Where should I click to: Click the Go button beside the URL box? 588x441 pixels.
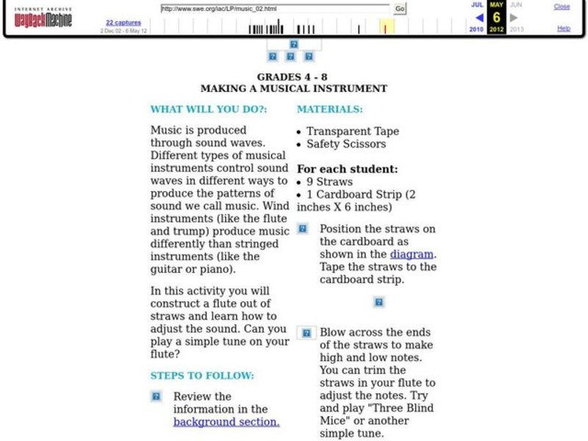tap(400, 9)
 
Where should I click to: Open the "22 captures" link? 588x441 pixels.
tap(123, 23)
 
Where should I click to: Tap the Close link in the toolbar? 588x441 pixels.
tap(562, 7)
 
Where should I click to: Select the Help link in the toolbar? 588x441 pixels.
tap(563, 29)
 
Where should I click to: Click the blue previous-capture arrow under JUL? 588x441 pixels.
tap(478, 18)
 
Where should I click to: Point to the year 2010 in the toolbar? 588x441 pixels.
tap(476, 29)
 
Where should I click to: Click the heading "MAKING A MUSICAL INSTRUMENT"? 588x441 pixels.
tap(293, 88)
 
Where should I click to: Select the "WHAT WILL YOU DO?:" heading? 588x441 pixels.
tap(209, 109)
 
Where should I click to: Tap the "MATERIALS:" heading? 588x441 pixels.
tap(329, 109)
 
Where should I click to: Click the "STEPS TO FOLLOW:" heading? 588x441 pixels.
tap(202, 376)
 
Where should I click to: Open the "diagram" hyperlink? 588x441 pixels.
tap(411, 254)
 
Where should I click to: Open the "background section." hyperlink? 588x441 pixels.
tap(226, 422)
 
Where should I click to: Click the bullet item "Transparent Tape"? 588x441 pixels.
tap(352, 132)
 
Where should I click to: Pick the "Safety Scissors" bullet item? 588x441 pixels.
tap(345, 144)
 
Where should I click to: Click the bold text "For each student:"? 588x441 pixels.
tap(347, 169)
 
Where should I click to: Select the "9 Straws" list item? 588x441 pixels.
tap(329, 182)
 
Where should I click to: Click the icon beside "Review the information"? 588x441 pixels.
tap(157, 397)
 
